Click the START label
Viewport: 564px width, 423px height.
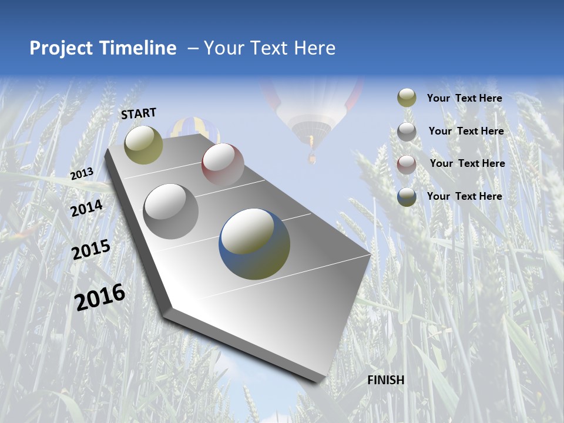coord(139,113)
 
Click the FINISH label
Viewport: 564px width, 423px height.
coord(386,380)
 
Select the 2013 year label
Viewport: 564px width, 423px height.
coord(82,174)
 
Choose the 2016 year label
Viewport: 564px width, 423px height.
coord(100,297)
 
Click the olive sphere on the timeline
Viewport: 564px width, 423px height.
coord(143,145)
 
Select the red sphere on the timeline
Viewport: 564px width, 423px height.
coord(223,164)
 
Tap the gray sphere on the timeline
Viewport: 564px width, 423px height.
coord(171,211)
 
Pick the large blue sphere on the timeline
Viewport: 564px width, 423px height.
coord(254,244)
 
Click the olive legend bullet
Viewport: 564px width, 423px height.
coord(407,98)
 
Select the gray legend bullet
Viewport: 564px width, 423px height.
coord(407,132)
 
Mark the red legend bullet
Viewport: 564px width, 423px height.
coord(407,164)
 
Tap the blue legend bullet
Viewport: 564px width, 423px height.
coord(407,197)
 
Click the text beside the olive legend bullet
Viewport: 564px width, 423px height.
coord(464,98)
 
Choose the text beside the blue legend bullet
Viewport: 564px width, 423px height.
coord(464,196)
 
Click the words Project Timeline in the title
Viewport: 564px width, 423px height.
coord(103,48)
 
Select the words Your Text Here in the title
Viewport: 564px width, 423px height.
coord(269,48)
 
